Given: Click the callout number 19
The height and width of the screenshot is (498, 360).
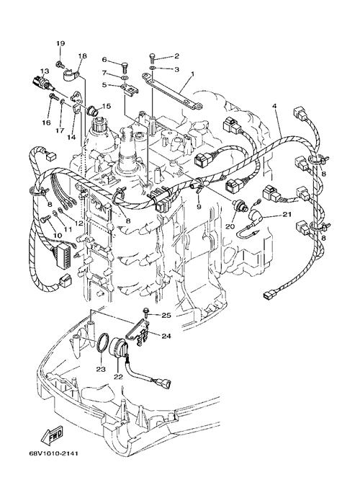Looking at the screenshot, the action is tap(60, 43).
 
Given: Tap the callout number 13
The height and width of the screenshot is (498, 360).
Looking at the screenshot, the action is tap(45, 71).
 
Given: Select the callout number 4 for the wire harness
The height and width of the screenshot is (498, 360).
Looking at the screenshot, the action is tap(274, 106).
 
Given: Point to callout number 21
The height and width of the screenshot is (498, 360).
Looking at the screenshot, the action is tap(287, 215).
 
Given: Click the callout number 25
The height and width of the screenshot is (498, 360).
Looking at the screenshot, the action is tap(166, 315).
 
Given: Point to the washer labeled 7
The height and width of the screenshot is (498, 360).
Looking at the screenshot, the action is tap(125, 77).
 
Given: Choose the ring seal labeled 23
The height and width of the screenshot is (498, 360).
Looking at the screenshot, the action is tap(102, 343).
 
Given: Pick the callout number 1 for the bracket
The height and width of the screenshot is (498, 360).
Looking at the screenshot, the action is tap(192, 74).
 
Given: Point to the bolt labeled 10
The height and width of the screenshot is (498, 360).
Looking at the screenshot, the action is tap(46, 219).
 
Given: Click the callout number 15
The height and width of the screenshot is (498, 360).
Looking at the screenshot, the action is tap(107, 106).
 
